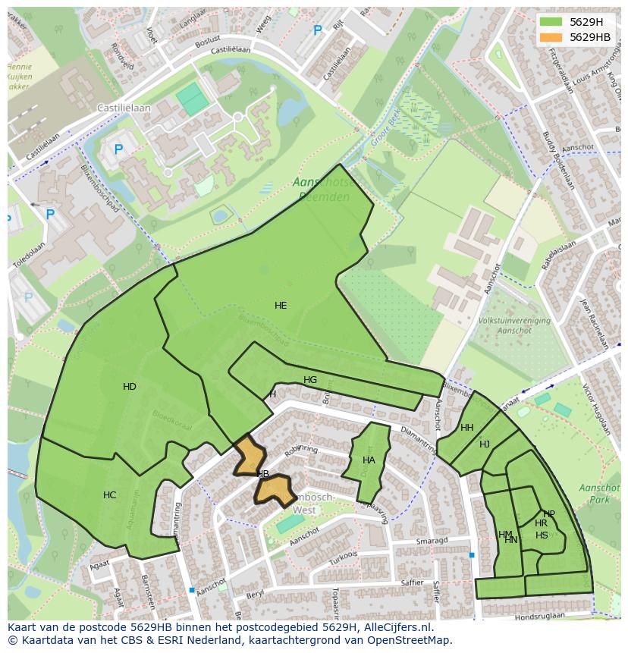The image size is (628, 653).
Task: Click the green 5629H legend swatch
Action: (x=551, y=21)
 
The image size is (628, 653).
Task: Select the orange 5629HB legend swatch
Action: (x=551, y=37)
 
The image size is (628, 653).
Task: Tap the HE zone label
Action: (x=281, y=306)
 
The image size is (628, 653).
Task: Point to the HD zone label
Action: (x=130, y=387)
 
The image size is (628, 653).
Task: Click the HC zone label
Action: (x=110, y=495)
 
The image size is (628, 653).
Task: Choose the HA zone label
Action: (x=369, y=460)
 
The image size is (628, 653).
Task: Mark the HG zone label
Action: (x=310, y=380)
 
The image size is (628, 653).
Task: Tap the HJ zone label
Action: (x=485, y=444)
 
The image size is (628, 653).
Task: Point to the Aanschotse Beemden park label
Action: (x=322, y=190)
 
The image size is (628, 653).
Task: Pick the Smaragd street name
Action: (x=432, y=541)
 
